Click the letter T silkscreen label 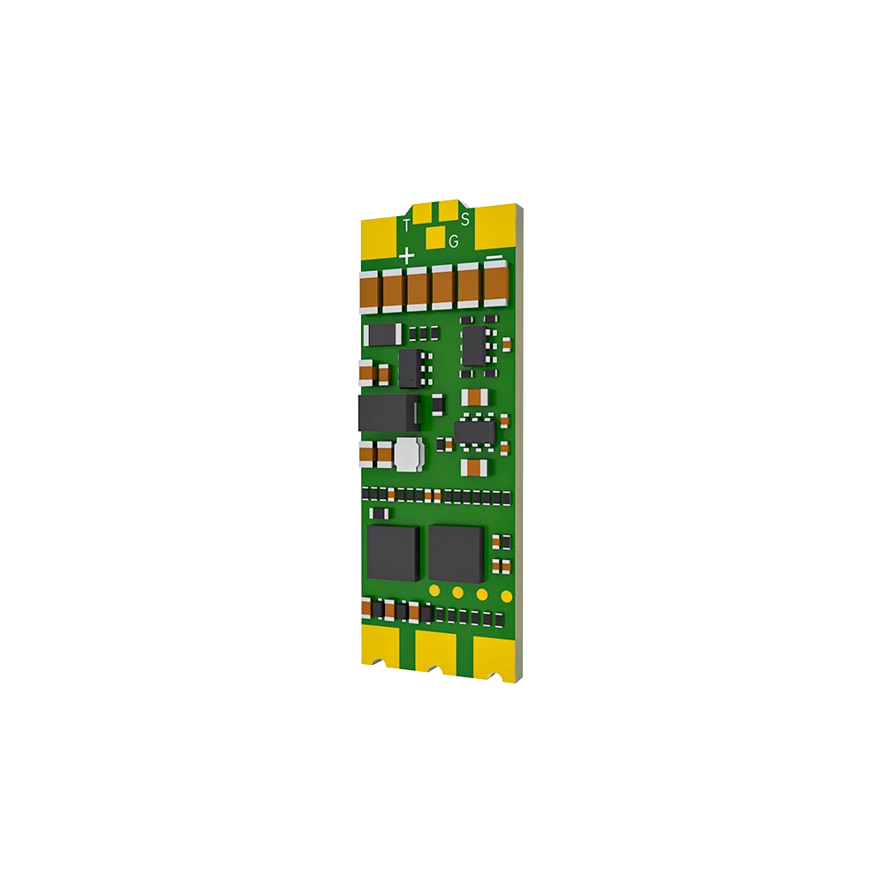pos(406,225)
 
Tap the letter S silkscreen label pos(465,218)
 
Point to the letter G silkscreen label pos(454,241)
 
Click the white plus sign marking pos(406,256)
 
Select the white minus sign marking pos(495,259)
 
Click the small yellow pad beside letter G pos(434,238)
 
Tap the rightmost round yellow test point pos(502,593)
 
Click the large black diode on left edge pos(382,411)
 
